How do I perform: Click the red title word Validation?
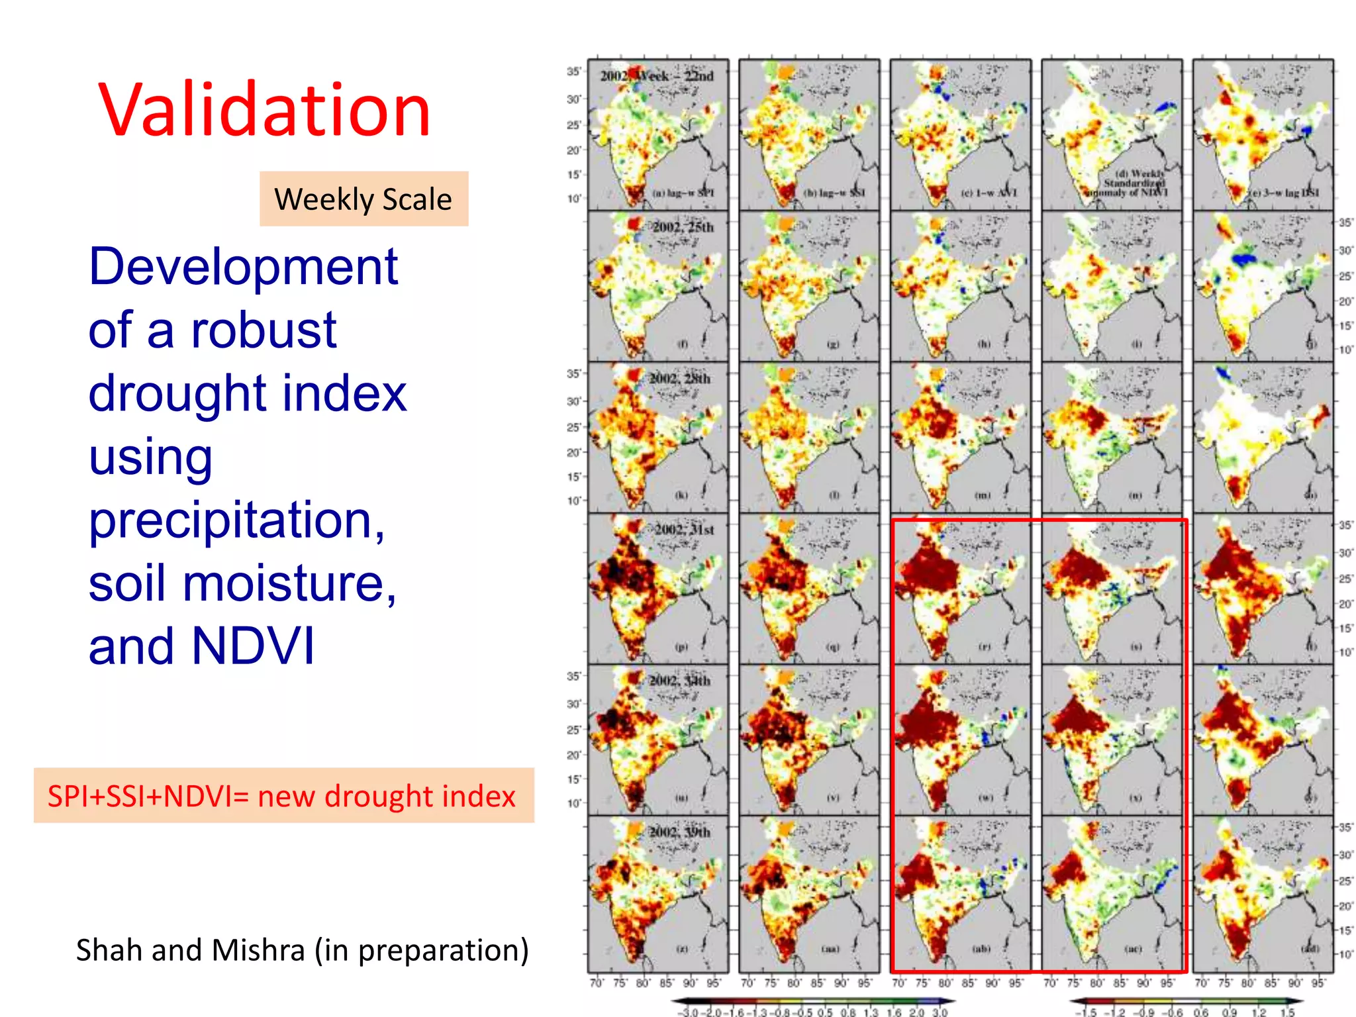(x=265, y=111)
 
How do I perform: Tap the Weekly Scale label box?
(x=363, y=199)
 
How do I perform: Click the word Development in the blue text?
(x=243, y=266)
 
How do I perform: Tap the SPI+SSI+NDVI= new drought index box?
(x=283, y=795)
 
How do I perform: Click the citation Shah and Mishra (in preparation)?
(x=302, y=949)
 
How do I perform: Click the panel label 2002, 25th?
(x=683, y=227)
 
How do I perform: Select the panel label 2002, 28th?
(x=679, y=378)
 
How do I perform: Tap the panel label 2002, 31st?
(x=684, y=529)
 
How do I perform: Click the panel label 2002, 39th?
(x=679, y=832)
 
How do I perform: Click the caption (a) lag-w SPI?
(x=683, y=193)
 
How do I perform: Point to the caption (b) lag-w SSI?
(x=834, y=193)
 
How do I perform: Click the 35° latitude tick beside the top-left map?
(x=573, y=72)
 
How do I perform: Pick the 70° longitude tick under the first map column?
(x=596, y=983)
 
